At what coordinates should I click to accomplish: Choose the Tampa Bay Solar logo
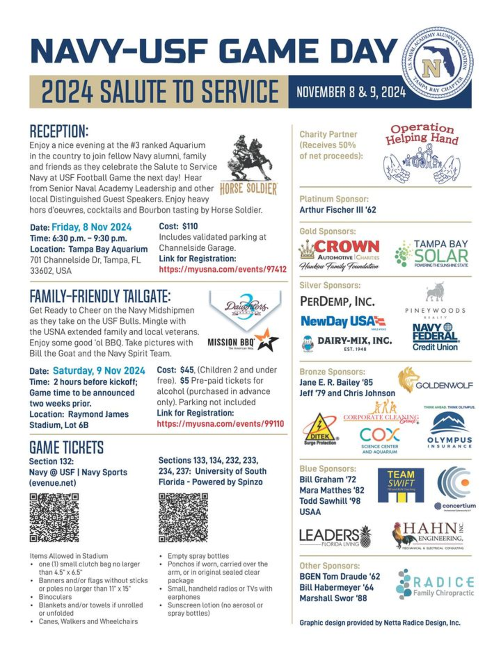tap(432, 254)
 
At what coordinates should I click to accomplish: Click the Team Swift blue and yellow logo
tap(400, 485)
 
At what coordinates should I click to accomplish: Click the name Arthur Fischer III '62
tap(338, 210)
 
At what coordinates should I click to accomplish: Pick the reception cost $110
tap(190, 226)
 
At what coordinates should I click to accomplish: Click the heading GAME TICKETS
tap(66, 447)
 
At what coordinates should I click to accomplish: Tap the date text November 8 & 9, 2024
tap(351, 92)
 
